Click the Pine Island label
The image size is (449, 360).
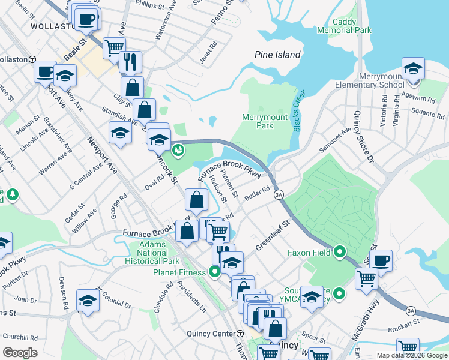click(277, 55)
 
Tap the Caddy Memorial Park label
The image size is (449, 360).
click(352, 26)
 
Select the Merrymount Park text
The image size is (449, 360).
click(265, 121)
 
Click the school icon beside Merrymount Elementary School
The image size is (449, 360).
click(413, 69)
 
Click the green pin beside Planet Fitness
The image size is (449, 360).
click(215, 272)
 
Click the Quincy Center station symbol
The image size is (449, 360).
click(240, 334)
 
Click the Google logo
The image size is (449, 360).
click(20, 353)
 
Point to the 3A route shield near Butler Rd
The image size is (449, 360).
click(279, 195)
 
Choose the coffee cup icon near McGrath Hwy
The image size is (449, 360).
click(381, 261)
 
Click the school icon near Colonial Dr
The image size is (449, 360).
click(88, 301)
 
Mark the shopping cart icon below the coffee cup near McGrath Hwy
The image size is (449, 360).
click(366, 278)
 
